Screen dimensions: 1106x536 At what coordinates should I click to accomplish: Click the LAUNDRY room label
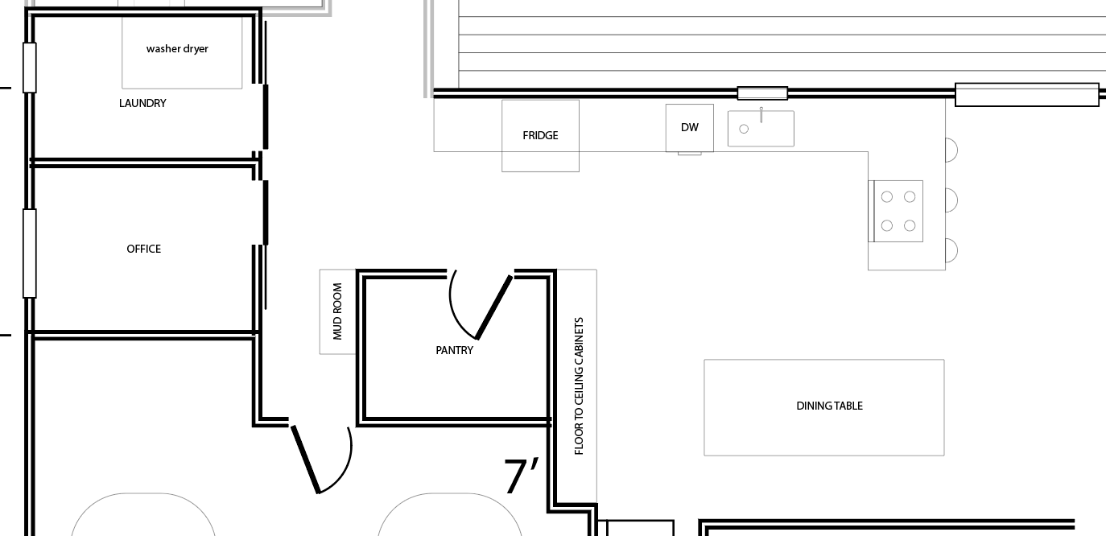[x=142, y=103]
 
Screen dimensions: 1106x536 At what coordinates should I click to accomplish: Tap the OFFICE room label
[x=143, y=249]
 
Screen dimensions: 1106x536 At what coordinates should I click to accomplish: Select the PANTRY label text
[x=454, y=350]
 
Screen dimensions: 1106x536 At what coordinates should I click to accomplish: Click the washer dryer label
[x=177, y=49]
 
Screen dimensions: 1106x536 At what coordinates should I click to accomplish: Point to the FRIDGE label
[x=540, y=136]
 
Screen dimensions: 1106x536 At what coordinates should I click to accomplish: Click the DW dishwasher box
[x=689, y=128]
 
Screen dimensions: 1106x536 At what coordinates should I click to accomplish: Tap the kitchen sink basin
[x=761, y=129]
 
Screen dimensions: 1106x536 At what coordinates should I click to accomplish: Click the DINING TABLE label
[x=829, y=406]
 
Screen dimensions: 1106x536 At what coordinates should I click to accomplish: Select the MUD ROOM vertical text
[x=338, y=311]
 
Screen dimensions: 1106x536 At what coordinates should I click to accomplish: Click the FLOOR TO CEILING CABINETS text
[x=580, y=386]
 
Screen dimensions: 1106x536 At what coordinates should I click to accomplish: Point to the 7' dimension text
[x=522, y=476]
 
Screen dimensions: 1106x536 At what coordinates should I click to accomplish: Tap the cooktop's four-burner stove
[x=896, y=211]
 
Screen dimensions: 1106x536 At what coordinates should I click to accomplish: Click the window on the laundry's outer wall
[x=30, y=68]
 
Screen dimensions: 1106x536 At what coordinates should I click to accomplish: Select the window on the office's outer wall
[x=30, y=254]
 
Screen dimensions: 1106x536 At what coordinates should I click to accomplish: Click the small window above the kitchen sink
[x=762, y=93]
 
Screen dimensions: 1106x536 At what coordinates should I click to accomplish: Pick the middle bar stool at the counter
[x=951, y=200]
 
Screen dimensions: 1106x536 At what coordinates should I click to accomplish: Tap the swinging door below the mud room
[x=306, y=459]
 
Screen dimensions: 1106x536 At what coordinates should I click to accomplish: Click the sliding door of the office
[x=266, y=212]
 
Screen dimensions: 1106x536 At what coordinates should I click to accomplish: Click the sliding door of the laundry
[x=266, y=117]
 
